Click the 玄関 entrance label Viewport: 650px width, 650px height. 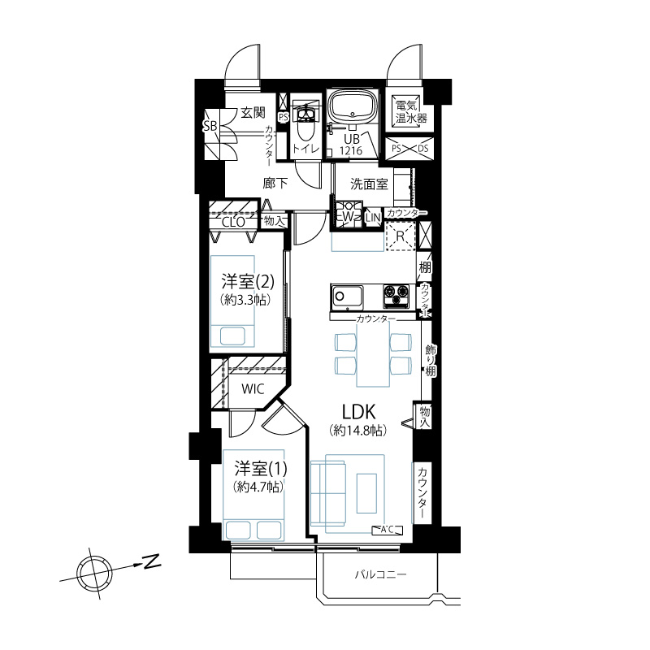(x=253, y=112)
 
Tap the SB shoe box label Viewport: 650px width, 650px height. (x=210, y=126)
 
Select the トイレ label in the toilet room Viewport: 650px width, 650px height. (x=306, y=149)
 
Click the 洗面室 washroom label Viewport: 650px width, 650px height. (x=369, y=184)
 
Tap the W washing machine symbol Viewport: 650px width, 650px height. (x=348, y=215)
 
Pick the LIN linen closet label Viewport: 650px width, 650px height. (x=373, y=218)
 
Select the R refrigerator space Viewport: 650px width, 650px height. (x=401, y=236)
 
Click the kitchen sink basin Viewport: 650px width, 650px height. (x=346, y=297)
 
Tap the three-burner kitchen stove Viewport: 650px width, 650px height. (x=396, y=297)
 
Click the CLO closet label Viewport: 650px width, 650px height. (x=233, y=222)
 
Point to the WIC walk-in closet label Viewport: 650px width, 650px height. (x=253, y=389)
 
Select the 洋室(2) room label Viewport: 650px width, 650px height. (x=247, y=282)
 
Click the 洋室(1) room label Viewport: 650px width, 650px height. (x=260, y=469)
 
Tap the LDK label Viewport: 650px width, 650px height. (x=358, y=412)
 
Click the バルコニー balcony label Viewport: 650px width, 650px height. (x=380, y=574)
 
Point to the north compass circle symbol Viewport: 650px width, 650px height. (x=94, y=574)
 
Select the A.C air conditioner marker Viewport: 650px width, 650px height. (x=388, y=530)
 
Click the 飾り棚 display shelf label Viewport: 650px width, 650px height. (x=431, y=361)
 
